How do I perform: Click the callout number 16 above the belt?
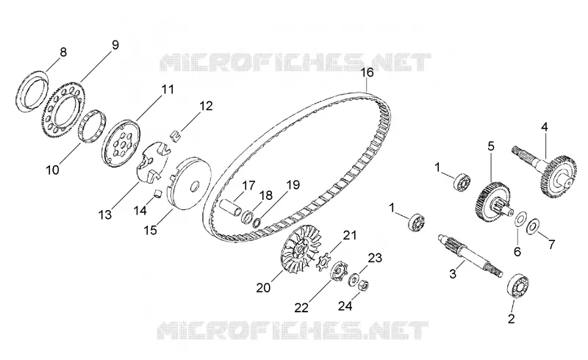tap(367, 73)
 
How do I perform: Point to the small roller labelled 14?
tap(159, 193)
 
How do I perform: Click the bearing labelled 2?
tap(518, 286)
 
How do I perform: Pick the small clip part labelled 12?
tap(175, 135)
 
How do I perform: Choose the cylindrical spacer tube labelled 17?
tap(231, 208)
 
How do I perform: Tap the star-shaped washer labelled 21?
tap(322, 262)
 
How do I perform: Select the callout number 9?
tap(115, 46)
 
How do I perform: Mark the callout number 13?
tap(105, 215)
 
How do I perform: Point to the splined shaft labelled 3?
tap(470, 256)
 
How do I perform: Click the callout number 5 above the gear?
tap(491, 146)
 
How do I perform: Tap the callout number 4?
tap(544, 127)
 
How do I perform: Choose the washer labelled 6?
tap(520, 220)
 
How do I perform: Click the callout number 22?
tap(301, 308)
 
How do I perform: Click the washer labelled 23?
tap(353, 280)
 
